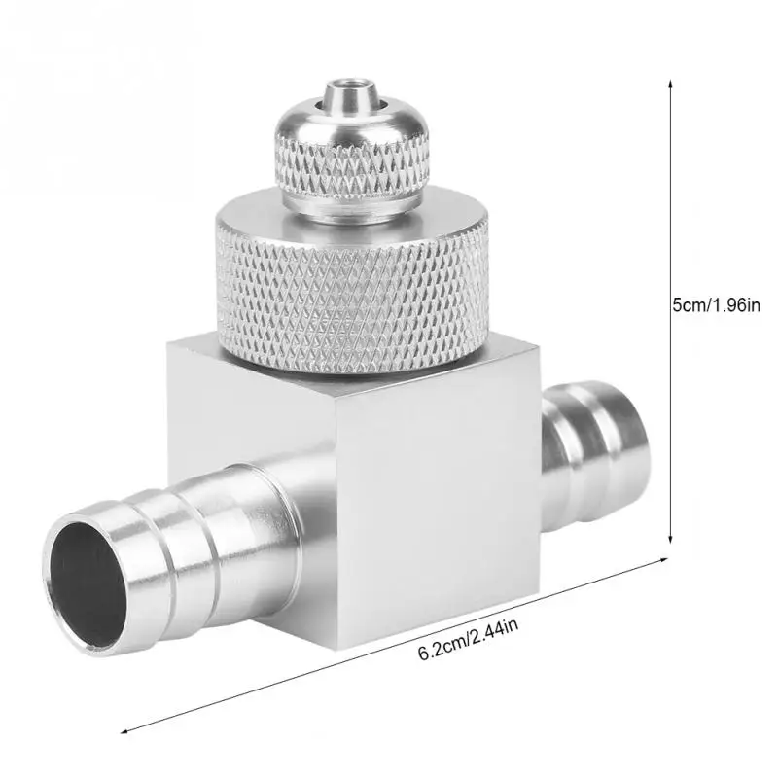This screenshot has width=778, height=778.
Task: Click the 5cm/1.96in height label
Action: [x=716, y=304]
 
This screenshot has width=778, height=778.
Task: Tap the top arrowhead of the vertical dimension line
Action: [x=670, y=84]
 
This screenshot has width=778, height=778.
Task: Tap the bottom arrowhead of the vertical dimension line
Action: [x=670, y=539]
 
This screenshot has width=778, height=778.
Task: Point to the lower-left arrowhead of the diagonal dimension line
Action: [x=125, y=731]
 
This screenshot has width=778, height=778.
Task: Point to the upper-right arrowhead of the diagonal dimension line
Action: [x=663, y=559]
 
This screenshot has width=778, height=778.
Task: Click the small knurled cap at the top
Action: [x=352, y=154]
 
